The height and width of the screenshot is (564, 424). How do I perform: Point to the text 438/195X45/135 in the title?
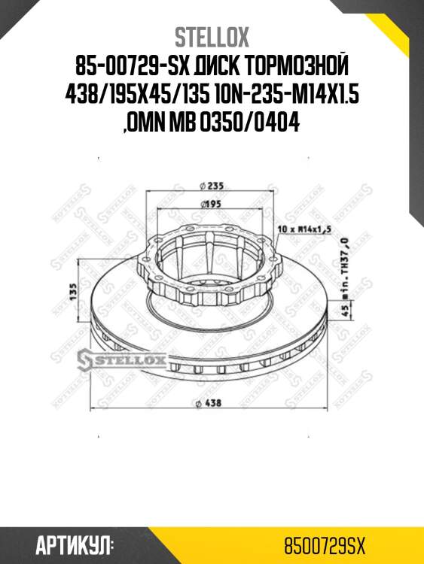click(131, 95)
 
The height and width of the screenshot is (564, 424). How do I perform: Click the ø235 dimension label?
click(213, 185)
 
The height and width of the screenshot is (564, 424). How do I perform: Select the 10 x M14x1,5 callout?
click(304, 227)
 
